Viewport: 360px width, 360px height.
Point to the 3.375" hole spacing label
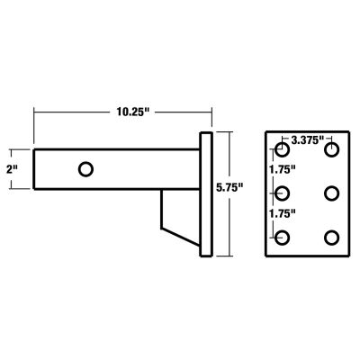point(308,140)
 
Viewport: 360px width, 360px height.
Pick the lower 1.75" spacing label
point(285,214)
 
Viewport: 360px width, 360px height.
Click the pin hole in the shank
point(86,169)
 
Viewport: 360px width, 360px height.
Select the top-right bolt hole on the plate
point(332,149)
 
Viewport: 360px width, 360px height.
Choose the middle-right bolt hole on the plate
point(332,193)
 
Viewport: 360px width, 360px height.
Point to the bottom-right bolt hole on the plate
point(332,238)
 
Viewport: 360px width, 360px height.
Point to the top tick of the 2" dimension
point(15,149)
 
